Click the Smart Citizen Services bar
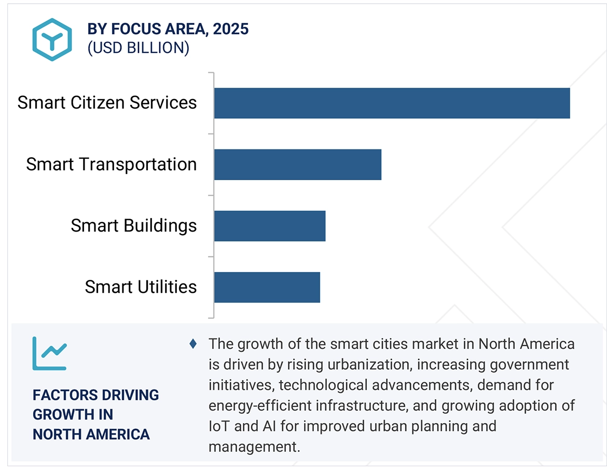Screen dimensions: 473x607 [392, 103]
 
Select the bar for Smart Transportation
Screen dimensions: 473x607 [297, 165]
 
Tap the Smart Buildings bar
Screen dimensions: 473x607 [269, 226]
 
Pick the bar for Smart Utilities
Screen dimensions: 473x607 [267, 287]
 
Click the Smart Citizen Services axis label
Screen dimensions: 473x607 [107, 103]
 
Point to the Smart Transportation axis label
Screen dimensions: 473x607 [112, 165]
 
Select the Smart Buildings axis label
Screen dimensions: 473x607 [134, 226]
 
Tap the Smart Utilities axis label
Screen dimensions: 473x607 [141, 287]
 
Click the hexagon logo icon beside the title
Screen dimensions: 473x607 [52, 39]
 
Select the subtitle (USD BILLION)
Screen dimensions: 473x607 [139, 48]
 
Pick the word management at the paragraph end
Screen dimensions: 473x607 [254, 447]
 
